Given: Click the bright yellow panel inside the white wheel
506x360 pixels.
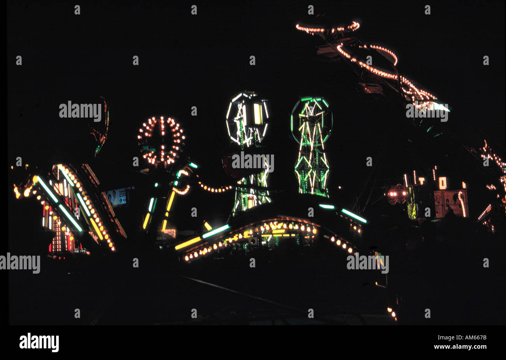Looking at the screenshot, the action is tap(257, 114).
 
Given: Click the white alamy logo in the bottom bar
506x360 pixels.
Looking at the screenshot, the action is tap(39, 342).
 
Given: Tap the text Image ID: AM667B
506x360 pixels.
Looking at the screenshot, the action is tap(462, 337).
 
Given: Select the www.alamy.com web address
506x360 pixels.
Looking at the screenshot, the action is tap(460, 347).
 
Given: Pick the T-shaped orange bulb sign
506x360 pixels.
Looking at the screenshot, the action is tap(422, 181).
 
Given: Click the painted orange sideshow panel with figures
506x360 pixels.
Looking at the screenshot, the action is tap(451, 204).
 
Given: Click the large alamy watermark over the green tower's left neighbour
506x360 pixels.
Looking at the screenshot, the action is tap(253, 161).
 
